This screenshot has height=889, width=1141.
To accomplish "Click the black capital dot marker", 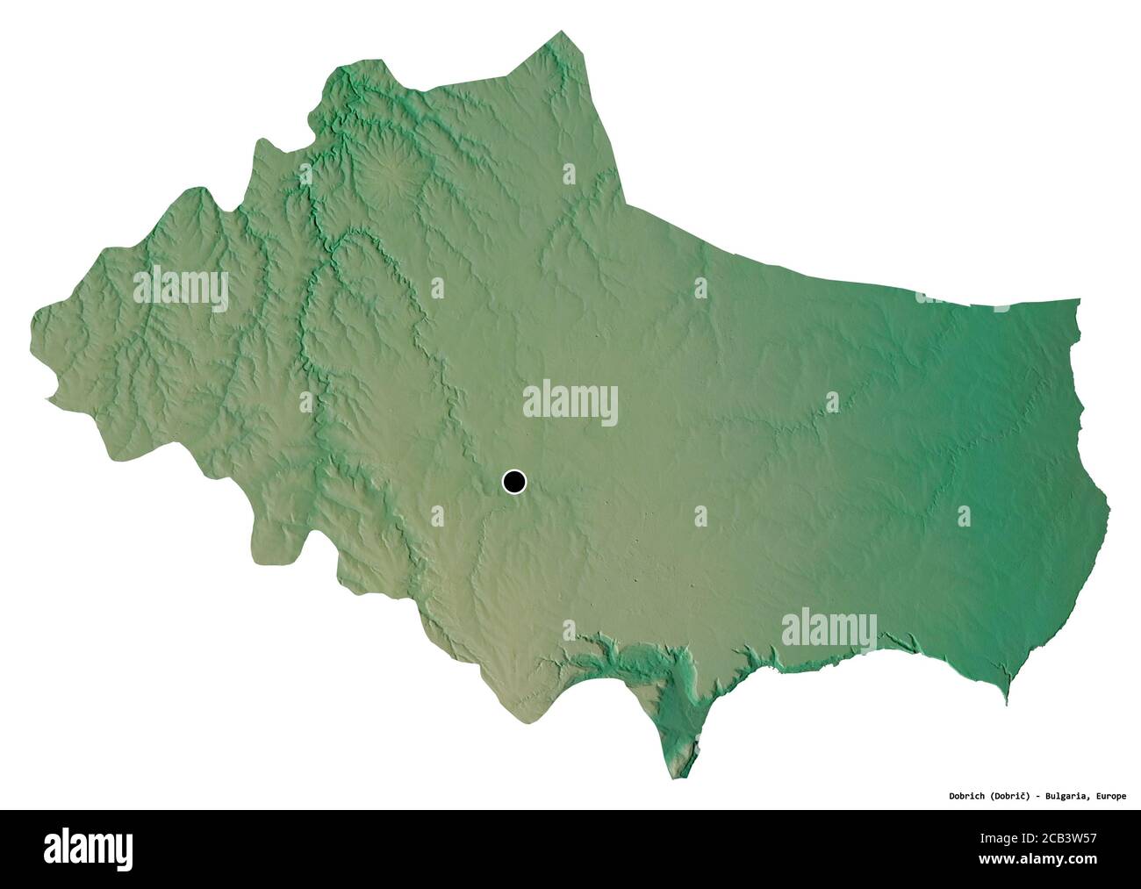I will (514, 481).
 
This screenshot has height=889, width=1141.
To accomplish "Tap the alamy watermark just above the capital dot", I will (570, 403).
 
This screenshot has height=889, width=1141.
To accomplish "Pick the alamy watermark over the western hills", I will (181, 287).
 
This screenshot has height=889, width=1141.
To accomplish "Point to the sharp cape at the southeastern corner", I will (1007, 701).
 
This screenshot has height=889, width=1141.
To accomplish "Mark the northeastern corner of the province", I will (1078, 302).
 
